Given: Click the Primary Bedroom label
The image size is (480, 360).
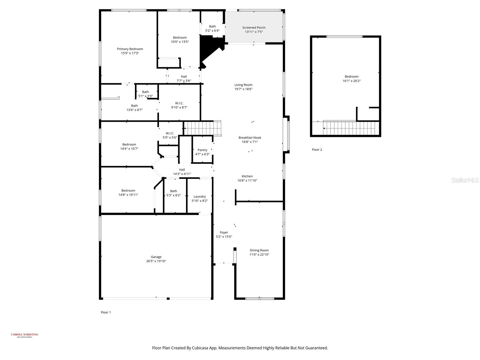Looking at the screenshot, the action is (130, 49).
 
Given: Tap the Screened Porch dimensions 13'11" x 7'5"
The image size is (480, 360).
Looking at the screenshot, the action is (254, 32).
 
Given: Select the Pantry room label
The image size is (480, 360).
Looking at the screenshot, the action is (202, 150).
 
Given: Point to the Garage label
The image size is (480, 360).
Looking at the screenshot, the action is (156, 257).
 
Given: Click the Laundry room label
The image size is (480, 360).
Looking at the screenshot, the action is (200, 196).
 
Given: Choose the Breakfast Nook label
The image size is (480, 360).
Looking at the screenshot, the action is (250, 137).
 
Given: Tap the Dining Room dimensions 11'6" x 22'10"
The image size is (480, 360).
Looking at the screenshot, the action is (259, 254).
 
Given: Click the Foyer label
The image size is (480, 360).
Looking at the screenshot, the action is (224, 232).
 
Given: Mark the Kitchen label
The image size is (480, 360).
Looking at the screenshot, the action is (247, 176).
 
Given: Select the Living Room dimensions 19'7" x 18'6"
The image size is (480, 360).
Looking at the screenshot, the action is (243, 89).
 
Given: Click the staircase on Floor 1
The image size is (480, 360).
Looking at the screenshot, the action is (202, 128).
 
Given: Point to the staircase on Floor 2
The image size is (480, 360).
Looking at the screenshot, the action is (351, 128).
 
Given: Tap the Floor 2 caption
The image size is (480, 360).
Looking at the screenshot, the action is (316, 149).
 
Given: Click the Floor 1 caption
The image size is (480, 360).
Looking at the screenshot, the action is (106, 312).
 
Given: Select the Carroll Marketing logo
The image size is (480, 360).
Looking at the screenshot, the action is (25, 335).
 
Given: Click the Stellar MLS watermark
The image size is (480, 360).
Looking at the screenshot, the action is (465, 180).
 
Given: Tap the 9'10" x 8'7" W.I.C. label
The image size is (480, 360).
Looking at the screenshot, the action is (179, 105).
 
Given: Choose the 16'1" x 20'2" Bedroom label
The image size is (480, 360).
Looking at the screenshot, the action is (351, 79).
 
